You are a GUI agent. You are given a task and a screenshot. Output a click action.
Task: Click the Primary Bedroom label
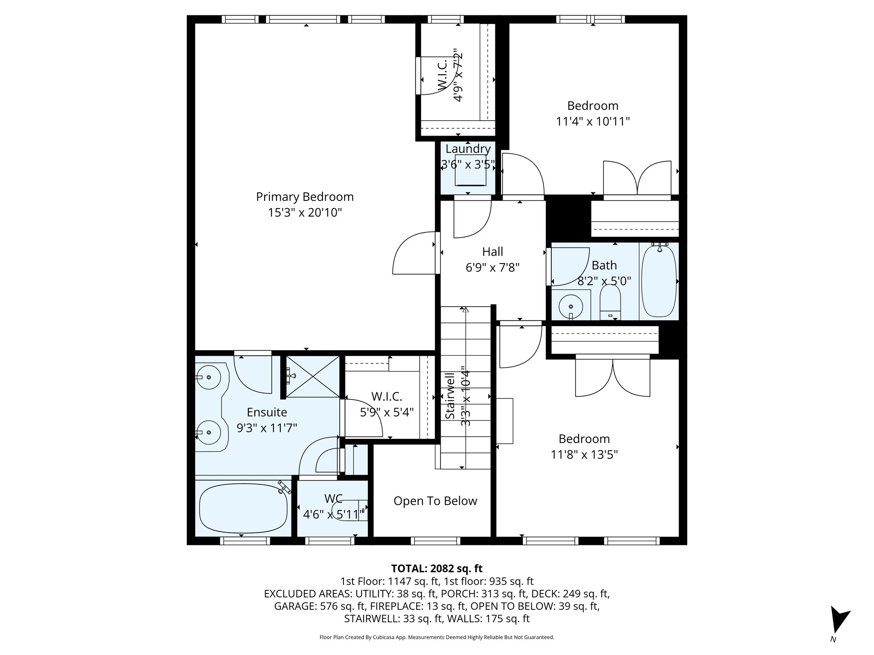point(305,197)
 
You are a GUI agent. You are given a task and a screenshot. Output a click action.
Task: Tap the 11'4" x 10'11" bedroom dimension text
point(593,122)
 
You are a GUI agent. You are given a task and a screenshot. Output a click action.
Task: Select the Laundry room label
point(468,149)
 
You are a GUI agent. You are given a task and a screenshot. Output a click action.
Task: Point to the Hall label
point(492,252)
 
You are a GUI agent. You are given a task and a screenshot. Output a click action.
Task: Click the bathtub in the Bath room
point(659,281)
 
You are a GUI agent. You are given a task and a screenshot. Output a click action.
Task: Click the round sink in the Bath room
point(571,306)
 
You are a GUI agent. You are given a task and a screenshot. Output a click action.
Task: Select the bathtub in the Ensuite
point(243,508)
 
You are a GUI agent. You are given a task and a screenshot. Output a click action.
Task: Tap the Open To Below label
point(435,501)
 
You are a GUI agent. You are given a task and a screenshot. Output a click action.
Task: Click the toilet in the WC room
point(350,509)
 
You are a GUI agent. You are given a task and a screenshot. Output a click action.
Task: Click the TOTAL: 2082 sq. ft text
point(437,568)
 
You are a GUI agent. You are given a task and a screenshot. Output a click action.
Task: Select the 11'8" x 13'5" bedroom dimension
point(584,455)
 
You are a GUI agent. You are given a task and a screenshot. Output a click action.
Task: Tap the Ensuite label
point(267,412)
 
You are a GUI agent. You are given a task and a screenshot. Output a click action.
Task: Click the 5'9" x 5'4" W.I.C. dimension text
point(387,413)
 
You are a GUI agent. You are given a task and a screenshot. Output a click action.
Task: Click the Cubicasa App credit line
point(437,638)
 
